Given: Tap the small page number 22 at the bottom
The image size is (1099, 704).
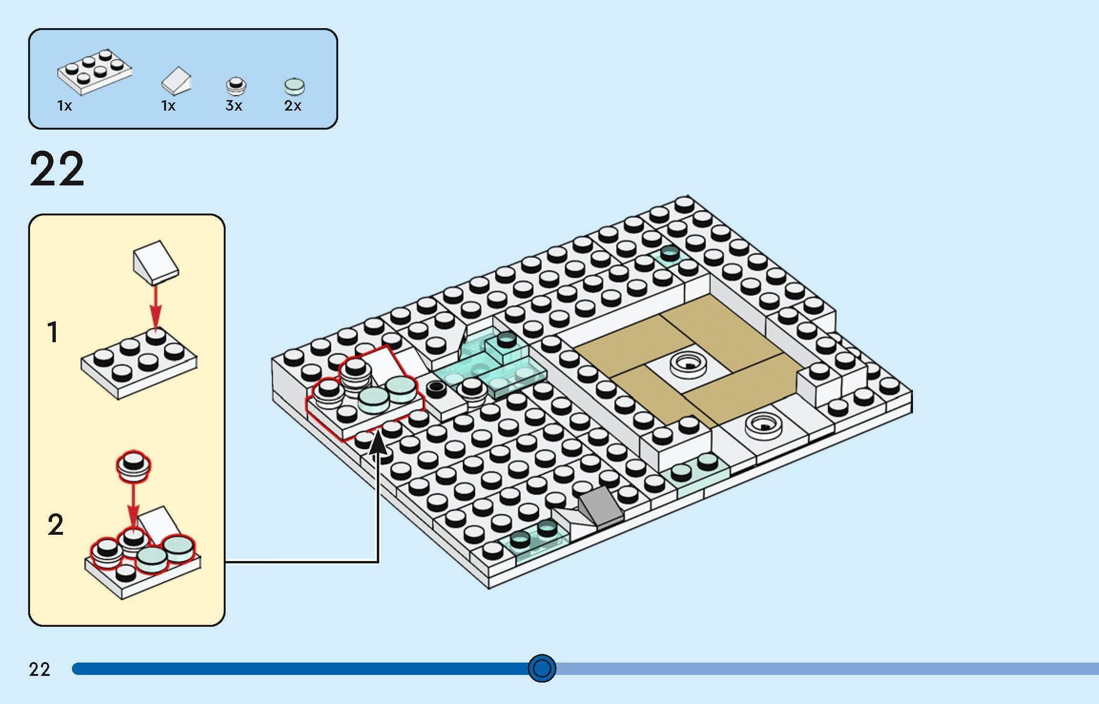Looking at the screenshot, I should [x=39, y=670].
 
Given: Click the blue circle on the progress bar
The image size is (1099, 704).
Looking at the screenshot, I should [x=542, y=668].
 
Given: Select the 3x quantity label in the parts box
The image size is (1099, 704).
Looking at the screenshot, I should [x=234, y=106].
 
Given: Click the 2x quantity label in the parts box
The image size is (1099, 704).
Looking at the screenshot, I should [x=292, y=106].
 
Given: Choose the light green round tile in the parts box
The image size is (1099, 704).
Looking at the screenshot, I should [x=294, y=86].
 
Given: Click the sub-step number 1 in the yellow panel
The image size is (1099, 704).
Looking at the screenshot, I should [x=53, y=332].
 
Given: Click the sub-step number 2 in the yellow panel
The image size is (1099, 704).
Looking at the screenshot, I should [x=55, y=525].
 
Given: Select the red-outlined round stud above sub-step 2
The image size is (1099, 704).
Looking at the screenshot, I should [x=134, y=465].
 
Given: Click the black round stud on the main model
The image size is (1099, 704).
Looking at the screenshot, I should [x=435, y=388].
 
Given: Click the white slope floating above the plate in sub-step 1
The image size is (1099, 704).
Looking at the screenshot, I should [x=155, y=262].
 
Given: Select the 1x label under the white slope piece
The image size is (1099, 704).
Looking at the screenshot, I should [x=168, y=106].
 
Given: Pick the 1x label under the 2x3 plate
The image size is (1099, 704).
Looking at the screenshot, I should [x=64, y=106].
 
